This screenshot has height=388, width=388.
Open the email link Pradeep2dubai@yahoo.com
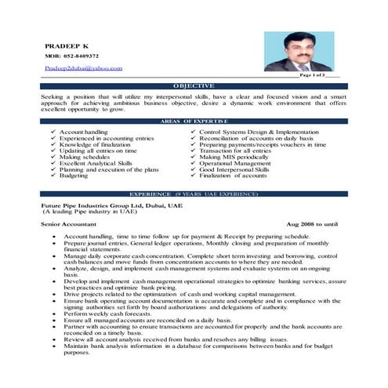[x=83, y=68]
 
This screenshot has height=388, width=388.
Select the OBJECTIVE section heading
[x=194, y=85]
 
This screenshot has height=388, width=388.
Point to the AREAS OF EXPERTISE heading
[x=194, y=121]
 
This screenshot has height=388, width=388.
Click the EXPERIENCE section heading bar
[x=194, y=192]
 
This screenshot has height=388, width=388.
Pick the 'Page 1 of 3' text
[x=318, y=76]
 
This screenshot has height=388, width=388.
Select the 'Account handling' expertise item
[x=84, y=132]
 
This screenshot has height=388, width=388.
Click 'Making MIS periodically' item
[x=233, y=157]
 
